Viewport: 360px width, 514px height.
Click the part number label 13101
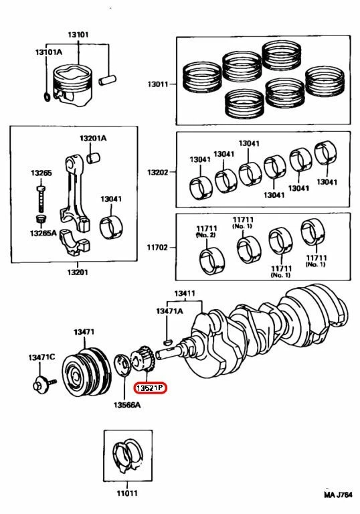(x=79, y=34)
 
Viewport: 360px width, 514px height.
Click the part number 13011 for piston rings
(x=161, y=85)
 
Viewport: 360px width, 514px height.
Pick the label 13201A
(x=93, y=138)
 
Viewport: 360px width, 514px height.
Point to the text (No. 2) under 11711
(x=205, y=236)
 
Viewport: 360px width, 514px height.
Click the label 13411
(x=185, y=294)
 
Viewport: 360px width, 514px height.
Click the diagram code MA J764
(x=339, y=496)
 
